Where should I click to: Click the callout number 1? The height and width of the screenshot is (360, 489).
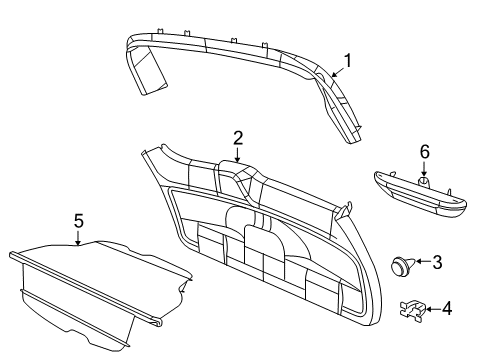(348, 60)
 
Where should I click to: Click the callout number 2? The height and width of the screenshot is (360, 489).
(237, 138)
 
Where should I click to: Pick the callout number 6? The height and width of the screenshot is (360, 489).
(424, 152)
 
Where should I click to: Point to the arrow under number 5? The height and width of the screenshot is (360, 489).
(78, 236)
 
